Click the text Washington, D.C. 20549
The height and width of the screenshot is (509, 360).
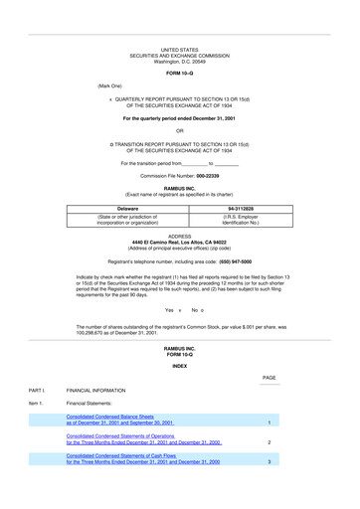(180, 61)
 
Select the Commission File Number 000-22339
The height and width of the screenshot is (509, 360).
(180, 175)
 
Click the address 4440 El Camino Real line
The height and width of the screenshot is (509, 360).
(180, 242)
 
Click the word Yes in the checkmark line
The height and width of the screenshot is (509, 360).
(170, 310)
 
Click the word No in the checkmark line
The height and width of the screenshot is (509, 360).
(195, 310)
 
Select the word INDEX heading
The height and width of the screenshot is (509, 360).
(180, 367)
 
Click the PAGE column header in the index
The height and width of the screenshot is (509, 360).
(270, 379)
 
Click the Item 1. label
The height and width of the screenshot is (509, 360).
(36, 406)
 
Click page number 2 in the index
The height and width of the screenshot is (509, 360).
(270, 442)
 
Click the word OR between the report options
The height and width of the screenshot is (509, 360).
(180, 130)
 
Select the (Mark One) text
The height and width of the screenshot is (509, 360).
(109, 86)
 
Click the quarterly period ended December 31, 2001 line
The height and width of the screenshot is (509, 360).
(180, 118)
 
